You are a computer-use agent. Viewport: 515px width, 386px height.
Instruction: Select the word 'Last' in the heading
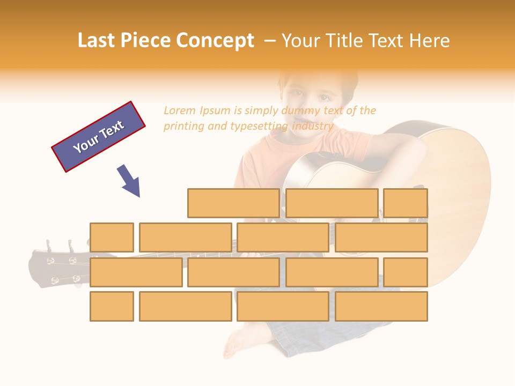(98, 41)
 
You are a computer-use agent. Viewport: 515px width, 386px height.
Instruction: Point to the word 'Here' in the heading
(429, 41)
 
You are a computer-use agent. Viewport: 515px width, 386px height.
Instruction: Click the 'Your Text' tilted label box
(99, 137)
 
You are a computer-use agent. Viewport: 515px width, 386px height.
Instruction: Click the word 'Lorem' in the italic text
(180, 111)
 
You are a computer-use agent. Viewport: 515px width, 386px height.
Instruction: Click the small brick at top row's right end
(406, 203)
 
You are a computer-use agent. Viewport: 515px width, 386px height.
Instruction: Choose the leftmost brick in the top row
(233, 203)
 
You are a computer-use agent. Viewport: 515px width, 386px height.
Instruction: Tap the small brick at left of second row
(112, 237)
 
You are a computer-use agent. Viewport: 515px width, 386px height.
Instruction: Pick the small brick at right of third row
(406, 272)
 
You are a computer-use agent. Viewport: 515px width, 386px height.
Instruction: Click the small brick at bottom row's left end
(112, 307)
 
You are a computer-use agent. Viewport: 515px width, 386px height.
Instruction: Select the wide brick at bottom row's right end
(381, 307)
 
